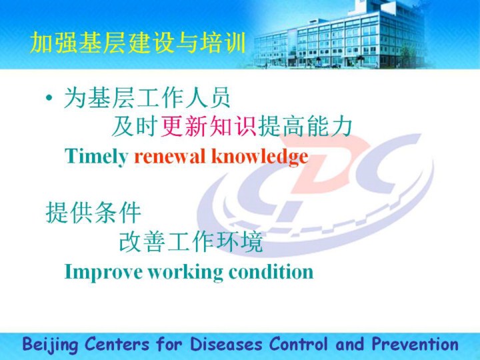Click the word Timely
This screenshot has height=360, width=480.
point(96,157)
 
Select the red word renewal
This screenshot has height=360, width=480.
point(170,156)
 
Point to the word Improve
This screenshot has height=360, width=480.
point(103,272)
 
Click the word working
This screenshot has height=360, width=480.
point(185,272)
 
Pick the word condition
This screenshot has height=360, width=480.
point(271,271)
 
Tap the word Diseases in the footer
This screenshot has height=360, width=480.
point(226,344)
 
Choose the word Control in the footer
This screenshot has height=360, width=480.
point(299,344)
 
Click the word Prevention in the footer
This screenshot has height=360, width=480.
point(415,344)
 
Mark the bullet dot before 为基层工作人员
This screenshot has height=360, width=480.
point(49,98)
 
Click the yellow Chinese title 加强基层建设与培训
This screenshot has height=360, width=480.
point(138,43)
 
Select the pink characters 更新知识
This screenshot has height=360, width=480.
point(209,127)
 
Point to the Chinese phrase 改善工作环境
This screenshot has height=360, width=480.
point(191,241)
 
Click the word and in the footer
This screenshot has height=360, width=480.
point(350,344)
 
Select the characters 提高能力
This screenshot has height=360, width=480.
point(305,127)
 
